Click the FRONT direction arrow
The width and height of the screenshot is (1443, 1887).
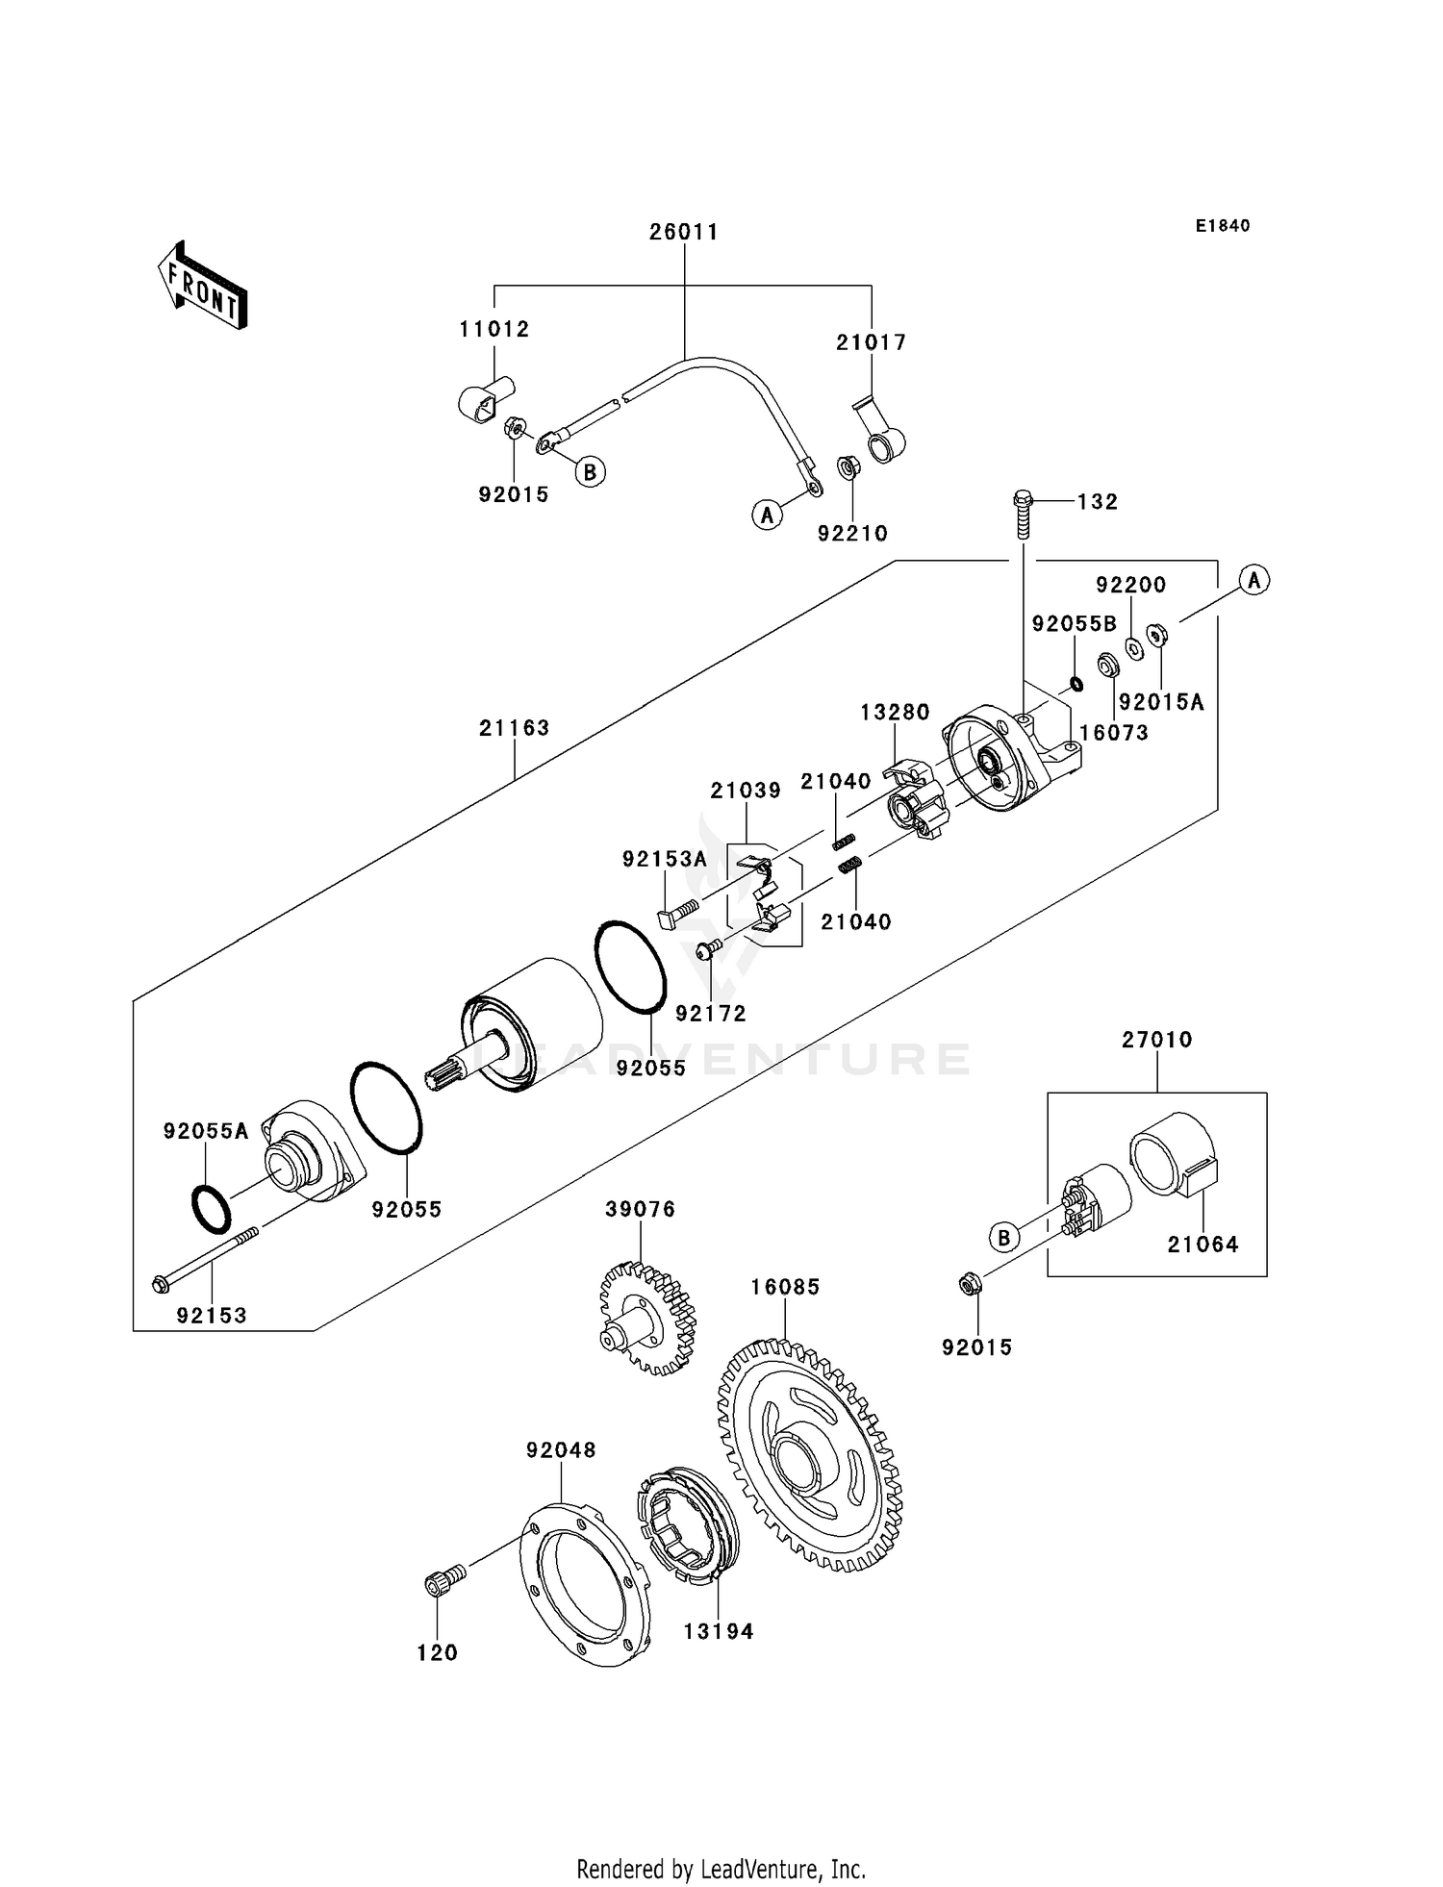[203, 286]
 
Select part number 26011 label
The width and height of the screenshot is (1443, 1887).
[684, 233]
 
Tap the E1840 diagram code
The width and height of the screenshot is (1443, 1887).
[1223, 226]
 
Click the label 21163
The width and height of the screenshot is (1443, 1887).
[515, 728]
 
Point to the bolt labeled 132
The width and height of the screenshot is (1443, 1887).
[1023, 516]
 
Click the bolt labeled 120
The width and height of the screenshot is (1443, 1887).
[443, 1582]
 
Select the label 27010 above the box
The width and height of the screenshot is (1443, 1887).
[1156, 1040]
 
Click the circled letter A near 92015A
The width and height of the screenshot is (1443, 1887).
[1253, 580]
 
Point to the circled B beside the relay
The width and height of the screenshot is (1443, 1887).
[1004, 1237]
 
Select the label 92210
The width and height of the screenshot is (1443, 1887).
[852, 534]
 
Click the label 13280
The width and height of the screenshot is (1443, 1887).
[895, 713]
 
